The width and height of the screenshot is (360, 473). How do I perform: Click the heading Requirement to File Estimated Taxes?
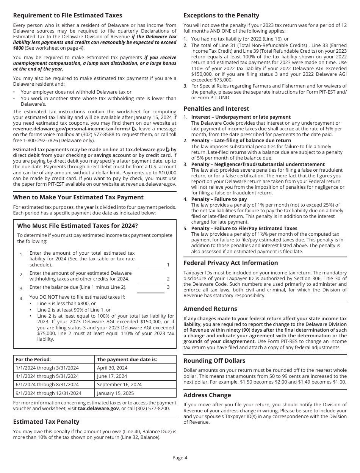(67, 16)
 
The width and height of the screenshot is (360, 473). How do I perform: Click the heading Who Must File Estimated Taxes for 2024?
(77, 226)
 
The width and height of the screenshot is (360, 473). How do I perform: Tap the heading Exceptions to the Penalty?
(221, 16)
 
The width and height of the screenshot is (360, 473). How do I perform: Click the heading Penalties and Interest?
(216, 109)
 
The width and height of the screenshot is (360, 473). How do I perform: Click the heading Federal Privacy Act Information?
(230, 263)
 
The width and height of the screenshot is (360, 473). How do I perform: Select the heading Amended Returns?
(210, 309)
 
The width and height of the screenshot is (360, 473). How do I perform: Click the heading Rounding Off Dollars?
(214, 361)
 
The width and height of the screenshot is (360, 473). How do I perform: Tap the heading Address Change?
(207, 395)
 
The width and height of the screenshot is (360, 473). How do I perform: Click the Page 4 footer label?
(180, 457)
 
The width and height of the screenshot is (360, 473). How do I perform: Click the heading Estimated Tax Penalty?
(46, 422)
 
